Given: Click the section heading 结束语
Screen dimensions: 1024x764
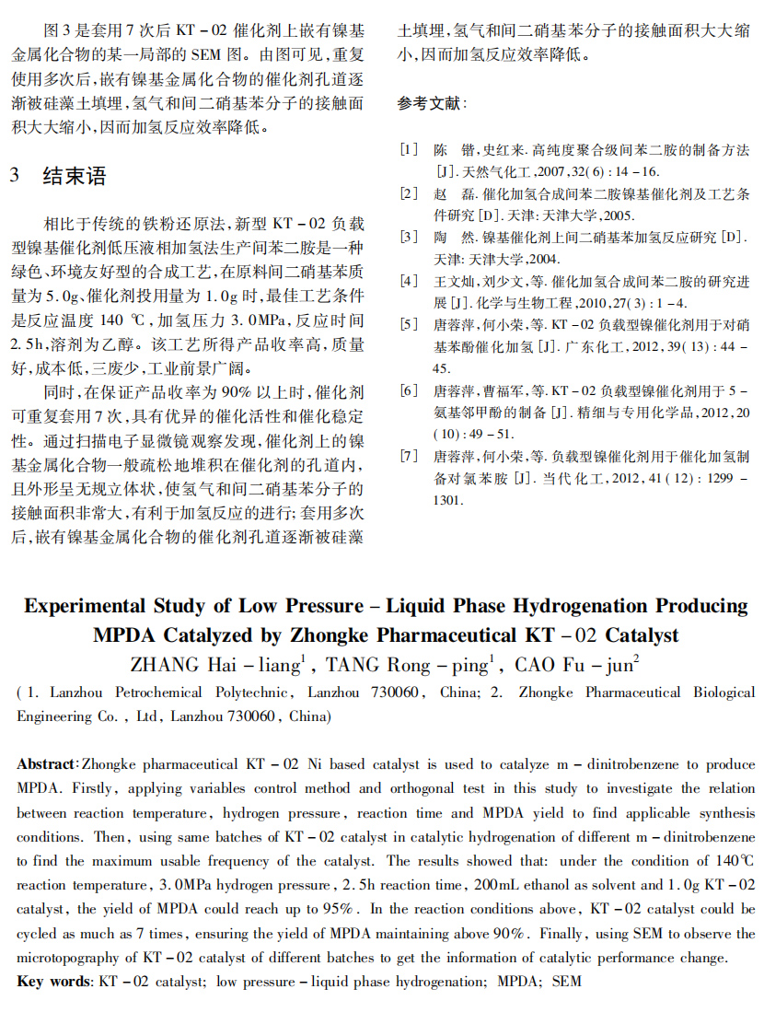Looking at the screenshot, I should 75,176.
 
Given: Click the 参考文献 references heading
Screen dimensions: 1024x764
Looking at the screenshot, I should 432,103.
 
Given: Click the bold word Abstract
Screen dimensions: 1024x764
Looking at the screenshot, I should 45,765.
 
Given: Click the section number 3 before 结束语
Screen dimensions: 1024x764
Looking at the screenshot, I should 15,176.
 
